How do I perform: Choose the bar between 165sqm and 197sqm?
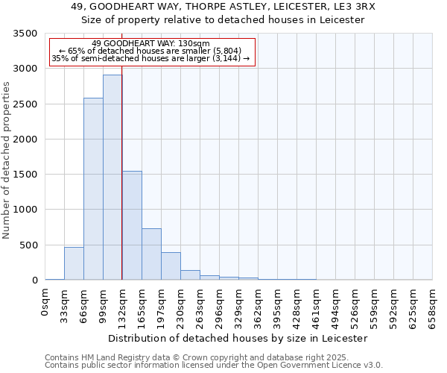(x=151, y=254)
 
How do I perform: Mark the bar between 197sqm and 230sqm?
(x=171, y=266)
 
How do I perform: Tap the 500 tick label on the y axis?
(x=29, y=245)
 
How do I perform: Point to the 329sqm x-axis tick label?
(x=239, y=305)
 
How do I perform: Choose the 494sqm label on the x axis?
(x=336, y=305)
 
